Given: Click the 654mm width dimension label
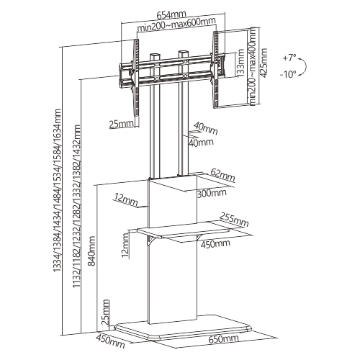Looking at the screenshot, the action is [x=171, y=14].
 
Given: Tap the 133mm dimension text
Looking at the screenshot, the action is [x=240, y=63].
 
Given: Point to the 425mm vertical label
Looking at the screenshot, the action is [x=264, y=63].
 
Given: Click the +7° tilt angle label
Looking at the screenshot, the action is [x=289, y=58].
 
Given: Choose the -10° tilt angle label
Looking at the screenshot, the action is [x=288, y=75].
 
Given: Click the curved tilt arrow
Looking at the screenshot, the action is [x=304, y=67].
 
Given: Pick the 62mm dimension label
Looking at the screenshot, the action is [x=222, y=175].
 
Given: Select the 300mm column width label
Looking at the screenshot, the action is [x=212, y=193].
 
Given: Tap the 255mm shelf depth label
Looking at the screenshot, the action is [x=234, y=220].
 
